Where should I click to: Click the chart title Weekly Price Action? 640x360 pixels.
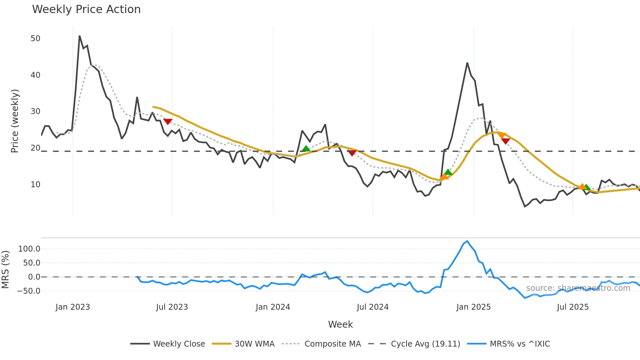pos(86,9)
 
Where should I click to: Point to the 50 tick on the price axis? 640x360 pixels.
pos(36,39)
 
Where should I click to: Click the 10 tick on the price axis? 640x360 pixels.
pos(36,185)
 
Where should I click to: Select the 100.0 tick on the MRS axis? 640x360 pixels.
pos(29,249)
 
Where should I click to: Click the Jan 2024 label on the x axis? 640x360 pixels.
pos(273,307)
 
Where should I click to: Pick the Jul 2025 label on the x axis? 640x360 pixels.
pos(573,307)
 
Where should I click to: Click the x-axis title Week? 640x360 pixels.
pos(340,324)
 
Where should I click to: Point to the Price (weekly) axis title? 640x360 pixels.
pos(15,121)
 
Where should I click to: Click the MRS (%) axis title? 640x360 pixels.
pos(5,270)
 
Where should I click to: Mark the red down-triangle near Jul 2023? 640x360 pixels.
pos(168,122)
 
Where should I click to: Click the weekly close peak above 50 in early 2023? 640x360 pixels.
pos(80,36)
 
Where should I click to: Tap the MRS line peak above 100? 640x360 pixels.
pos(467,241)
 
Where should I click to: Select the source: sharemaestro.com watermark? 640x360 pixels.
pos(578,288)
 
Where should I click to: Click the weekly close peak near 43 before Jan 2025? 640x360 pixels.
pos(467,63)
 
